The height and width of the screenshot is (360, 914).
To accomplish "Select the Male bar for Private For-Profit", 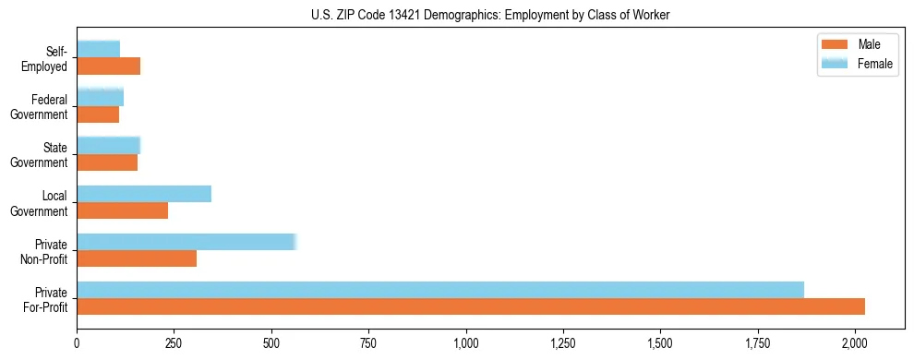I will coord(471,306).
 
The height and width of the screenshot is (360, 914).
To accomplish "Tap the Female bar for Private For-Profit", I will coord(440,290).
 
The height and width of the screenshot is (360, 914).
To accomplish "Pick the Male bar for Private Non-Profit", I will coord(137,258).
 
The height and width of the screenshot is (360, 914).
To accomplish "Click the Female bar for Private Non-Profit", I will coord(186,242).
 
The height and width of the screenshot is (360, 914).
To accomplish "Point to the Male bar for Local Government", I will coord(123,210).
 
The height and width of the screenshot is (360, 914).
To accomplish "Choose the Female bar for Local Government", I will coord(144,194).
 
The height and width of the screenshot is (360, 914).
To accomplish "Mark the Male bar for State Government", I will coord(107,162).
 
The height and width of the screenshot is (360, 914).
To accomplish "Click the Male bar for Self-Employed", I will coord(109,66).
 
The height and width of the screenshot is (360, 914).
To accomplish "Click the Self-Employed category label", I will coord(50,59).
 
